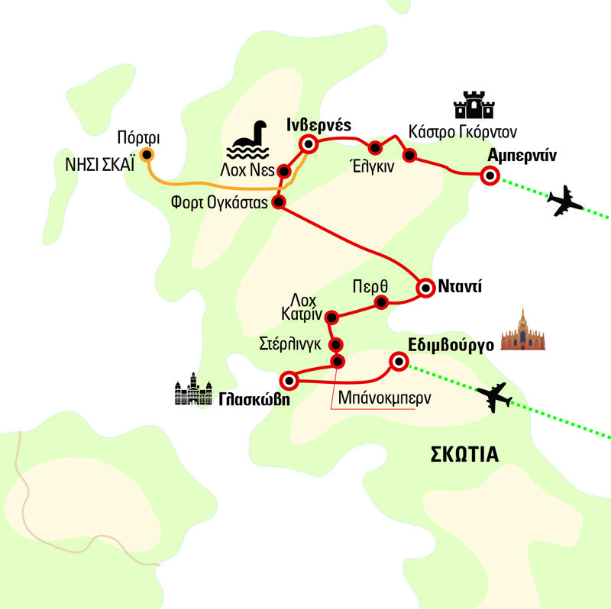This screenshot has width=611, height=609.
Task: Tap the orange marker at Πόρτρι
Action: point(147,156)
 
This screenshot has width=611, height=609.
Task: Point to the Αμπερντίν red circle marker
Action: point(489,176)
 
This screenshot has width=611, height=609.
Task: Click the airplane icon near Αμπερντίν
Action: point(565,201)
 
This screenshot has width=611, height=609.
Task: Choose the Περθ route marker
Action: point(380,302)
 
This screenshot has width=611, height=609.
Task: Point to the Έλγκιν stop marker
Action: point(375,148)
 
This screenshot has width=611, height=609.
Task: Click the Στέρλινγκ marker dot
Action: point(335,344)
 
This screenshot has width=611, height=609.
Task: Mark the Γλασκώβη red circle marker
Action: point(289,379)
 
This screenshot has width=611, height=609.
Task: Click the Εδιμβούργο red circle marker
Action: point(398,361)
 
